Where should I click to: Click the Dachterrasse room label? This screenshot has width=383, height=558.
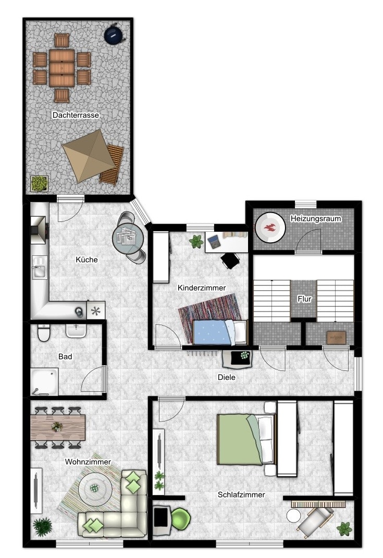click(76, 115)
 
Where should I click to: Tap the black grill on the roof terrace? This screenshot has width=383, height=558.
click(114, 34)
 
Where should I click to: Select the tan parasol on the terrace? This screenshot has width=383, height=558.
click(88, 155)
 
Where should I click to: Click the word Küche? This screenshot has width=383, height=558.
click(87, 259)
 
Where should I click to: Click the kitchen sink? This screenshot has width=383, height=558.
click(39, 267)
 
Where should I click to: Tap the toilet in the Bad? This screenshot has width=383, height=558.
click(43, 332)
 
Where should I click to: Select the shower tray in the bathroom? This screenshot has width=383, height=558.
click(44, 381)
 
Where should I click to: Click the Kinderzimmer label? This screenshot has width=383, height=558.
click(202, 288)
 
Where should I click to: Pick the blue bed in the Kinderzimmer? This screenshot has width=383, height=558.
click(219, 332)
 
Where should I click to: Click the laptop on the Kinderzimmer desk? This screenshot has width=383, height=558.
click(214, 242)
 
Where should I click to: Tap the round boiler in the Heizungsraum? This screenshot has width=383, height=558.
click(270, 227)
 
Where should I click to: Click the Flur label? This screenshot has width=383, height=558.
click(305, 299)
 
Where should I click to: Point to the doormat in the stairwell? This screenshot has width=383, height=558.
click(337, 338)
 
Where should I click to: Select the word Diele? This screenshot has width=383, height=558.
click(227, 377)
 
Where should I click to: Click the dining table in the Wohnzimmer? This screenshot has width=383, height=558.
click(58, 427)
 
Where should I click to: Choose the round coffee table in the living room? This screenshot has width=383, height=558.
click(95, 488)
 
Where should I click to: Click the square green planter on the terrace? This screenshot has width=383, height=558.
click(40, 183)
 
